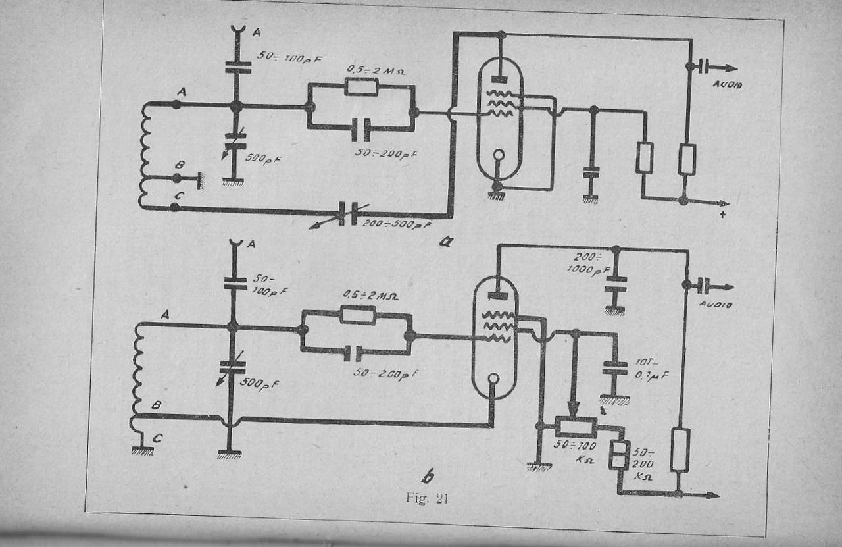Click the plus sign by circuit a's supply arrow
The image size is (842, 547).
tap(722, 215)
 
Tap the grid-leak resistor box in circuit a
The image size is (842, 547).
tap(360, 87)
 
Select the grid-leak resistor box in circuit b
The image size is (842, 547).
tap(358, 315)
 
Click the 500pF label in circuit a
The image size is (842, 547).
tap(262, 158)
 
